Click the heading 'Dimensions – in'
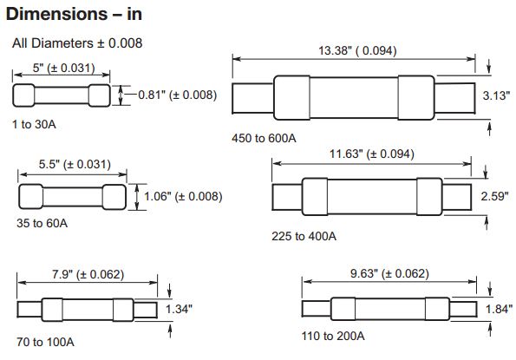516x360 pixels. tap(74, 14)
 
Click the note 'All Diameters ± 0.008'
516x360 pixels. tap(77, 43)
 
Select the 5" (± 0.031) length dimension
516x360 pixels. tap(64, 68)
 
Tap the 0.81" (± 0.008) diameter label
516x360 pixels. tap(178, 95)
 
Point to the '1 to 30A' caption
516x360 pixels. tap(34, 124)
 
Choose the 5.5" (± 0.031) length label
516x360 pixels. tap(75, 164)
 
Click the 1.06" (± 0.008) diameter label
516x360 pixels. tap(183, 196)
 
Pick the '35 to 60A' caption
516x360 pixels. tap(42, 223)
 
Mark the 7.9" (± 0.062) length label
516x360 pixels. tap(88, 274)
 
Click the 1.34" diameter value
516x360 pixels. tap(179, 309)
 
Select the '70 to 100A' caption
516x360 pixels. tap(45, 342)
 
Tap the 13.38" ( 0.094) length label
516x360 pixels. tap(357, 50)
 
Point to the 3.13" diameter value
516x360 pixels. tap(496, 95)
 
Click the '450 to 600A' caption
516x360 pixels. tap(264, 138)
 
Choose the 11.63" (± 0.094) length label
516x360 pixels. tap(372, 154)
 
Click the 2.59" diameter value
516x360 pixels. tap(494, 196)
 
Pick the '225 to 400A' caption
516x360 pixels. tap(304, 236)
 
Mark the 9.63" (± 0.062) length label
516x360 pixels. tap(389, 273)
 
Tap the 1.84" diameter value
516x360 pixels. tap(500, 309)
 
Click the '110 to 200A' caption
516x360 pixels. tap(333, 336)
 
